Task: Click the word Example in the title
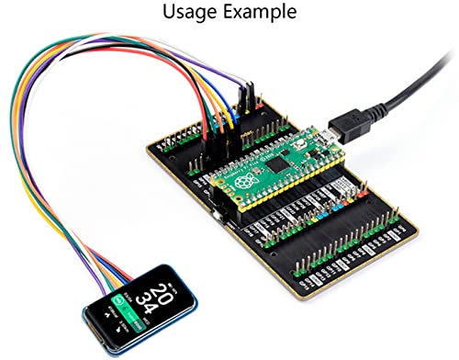tap(262, 13)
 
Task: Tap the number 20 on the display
tap(160, 295)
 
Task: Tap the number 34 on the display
tap(147, 314)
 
